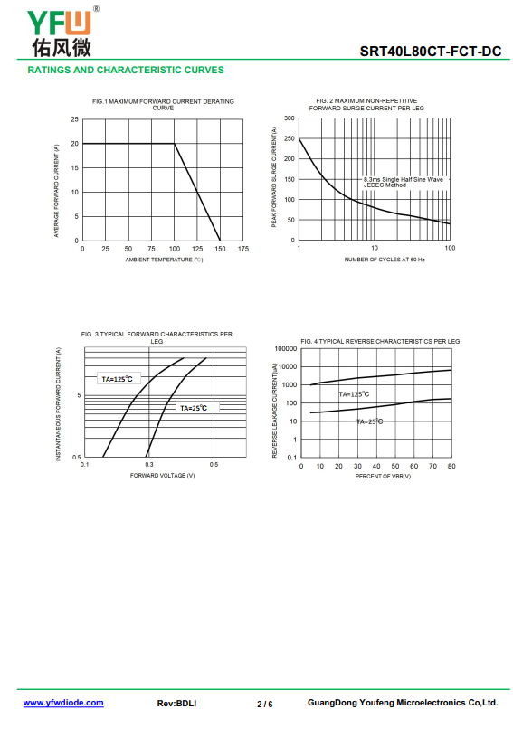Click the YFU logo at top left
tap(62, 31)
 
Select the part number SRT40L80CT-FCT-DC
tap(430, 52)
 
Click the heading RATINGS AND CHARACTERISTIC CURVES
tap(126, 70)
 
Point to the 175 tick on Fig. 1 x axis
tap(243, 249)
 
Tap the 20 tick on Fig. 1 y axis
tap(74, 144)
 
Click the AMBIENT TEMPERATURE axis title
tap(164, 260)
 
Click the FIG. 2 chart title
tap(366, 104)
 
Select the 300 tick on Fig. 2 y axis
tap(290, 118)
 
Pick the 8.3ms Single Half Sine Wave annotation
tap(404, 179)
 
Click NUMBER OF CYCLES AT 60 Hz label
tap(385, 260)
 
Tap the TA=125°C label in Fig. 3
tap(118, 379)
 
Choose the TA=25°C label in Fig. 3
tap(194, 408)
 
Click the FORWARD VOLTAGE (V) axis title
tap(162, 475)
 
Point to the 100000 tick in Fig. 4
tap(286, 349)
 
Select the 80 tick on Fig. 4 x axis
tap(451, 466)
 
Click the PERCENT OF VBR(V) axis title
tap(383, 476)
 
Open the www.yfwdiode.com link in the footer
tap(63, 703)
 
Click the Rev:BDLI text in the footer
tap(176, 704)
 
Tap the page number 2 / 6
tap(264, 704)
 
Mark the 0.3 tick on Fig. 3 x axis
tap(148, 465)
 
